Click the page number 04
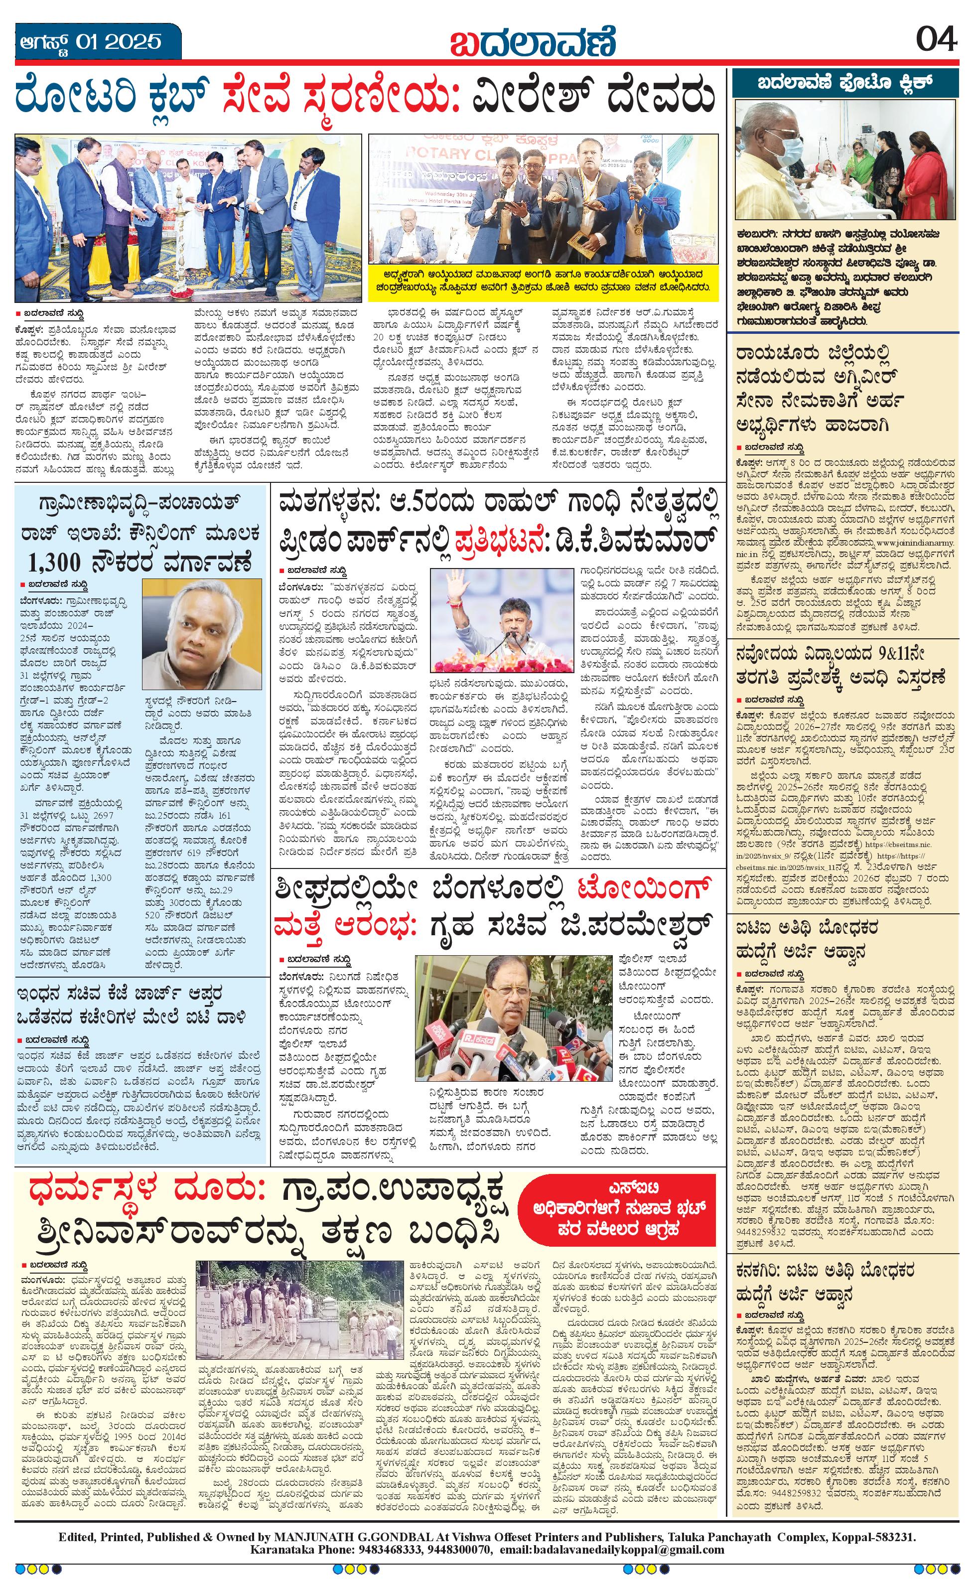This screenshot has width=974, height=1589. pos(936,41)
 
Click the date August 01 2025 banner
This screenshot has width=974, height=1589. pos(89,42)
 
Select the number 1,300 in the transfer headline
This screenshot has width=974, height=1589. pos(55,563)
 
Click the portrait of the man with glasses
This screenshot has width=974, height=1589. pos(202,634)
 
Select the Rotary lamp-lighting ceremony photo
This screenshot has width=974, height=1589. pos(188,218)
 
